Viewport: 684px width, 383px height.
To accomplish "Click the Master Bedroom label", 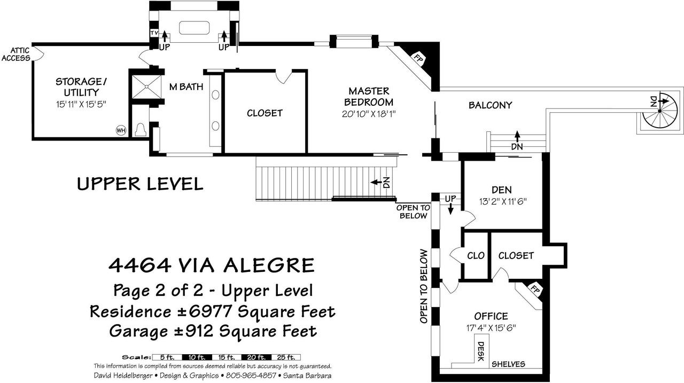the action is (x=369, y=97).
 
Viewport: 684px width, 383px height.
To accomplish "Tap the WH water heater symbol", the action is (x=121, y=131).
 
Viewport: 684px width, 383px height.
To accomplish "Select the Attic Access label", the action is (x=17, y=54).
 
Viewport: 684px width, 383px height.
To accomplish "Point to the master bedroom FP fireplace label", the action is (x=418, y=58).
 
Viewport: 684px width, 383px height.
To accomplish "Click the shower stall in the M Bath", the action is (x=146, y=87).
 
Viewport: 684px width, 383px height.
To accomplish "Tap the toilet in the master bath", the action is (x=141, y=129).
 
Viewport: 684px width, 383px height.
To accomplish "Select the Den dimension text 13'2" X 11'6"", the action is (x=503, y=201).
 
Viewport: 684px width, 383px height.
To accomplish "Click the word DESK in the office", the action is (x=481, y=351).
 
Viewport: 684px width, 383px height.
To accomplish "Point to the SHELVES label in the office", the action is (x=508, y=364).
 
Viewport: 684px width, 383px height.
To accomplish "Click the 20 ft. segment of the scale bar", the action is (x=256, y=357).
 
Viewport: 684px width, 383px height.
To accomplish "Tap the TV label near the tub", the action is (x=154, y=33).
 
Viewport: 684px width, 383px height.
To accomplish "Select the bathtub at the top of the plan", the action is (x=194, y=28).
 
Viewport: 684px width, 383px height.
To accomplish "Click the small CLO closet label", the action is (x=476, y=255).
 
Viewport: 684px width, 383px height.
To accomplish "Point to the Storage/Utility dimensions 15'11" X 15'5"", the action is (x=81, y=104).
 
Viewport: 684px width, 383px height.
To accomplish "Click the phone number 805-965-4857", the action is (x=251, y=376).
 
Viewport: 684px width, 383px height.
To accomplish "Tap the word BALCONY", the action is (x=490, y=105).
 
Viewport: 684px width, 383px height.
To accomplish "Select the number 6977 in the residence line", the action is (x=211, y=311).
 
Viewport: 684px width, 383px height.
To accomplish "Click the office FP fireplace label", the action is (x=535, y=288).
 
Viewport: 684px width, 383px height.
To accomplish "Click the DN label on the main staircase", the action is (x=386, y=183).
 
